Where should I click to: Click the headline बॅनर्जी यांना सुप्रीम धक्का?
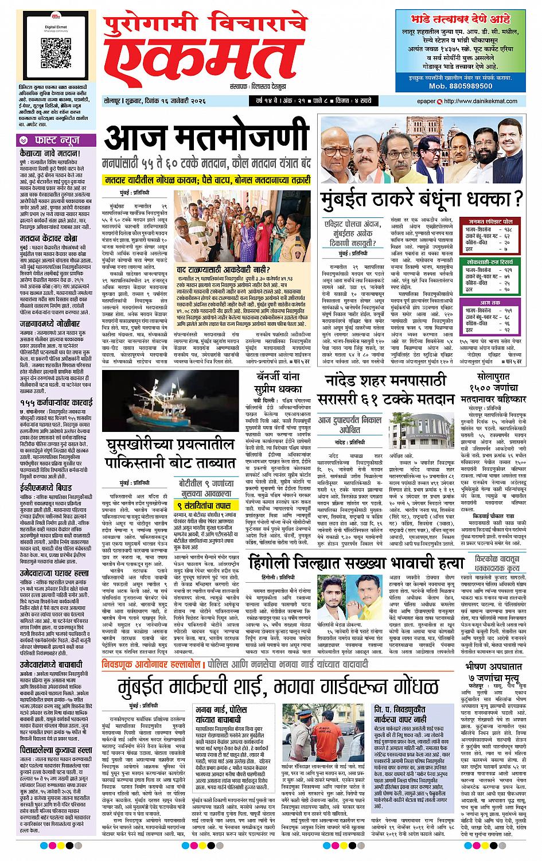point(284,380)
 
